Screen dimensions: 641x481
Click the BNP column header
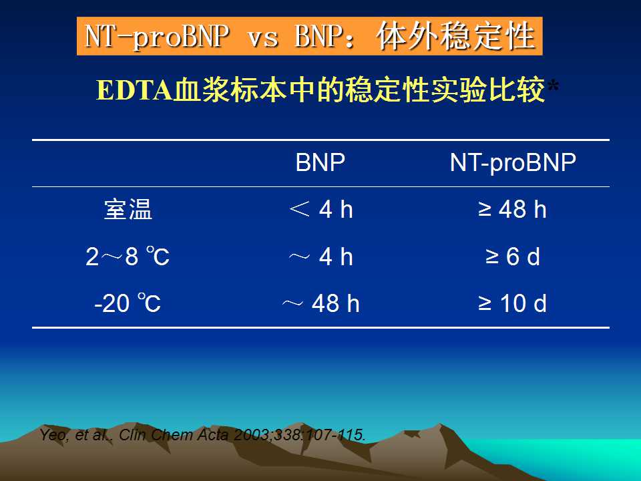(320, 162)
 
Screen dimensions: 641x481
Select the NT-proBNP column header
(513, 163)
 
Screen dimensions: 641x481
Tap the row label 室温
(128, 209)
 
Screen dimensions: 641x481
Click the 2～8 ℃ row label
(128, 257)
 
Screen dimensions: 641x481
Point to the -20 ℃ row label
(128, 303)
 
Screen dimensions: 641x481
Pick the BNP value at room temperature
(321, 209)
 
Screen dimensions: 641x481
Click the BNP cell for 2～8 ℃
(321, 257)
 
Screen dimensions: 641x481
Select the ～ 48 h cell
(321, 303)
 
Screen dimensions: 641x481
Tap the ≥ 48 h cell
(512, 209)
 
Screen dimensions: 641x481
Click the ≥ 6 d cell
(513, 257)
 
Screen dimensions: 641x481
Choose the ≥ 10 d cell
(512, 303)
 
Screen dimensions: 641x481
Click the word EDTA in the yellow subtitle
(134, 90)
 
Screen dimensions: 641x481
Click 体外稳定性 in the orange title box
(456, 36)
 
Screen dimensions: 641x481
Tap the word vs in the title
(263, 37)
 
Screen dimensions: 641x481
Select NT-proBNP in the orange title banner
(156, 36)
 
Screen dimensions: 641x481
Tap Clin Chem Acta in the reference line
(174, 434)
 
